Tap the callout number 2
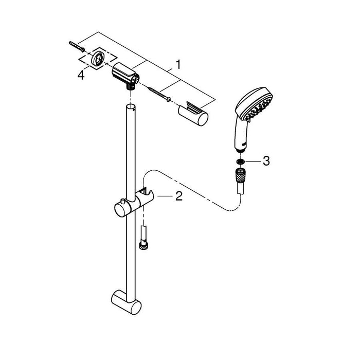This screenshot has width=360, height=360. [x=179, y=196]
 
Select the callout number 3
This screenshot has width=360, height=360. [x=266, y=161]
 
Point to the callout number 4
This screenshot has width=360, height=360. [x=80, y=76]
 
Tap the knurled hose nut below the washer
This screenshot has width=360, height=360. [x=240, y=177]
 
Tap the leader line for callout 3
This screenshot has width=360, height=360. [x=253, y=161]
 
